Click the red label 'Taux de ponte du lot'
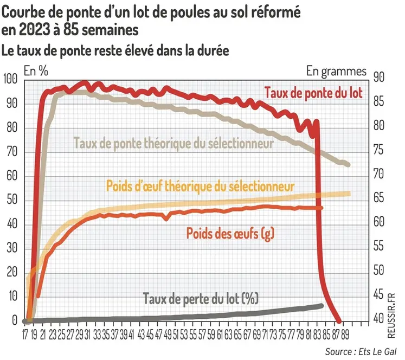point(313,93)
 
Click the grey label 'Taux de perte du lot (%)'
point(201,298)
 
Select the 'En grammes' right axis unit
point(336,70)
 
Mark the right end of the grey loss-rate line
point(322,306)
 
